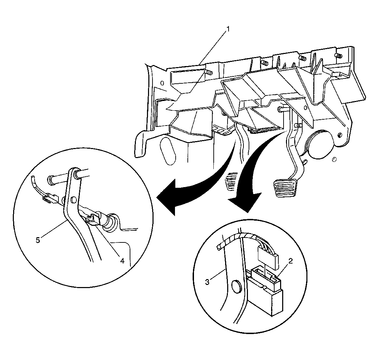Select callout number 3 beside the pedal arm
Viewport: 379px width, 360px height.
pyautogui.click(x=207, y=282)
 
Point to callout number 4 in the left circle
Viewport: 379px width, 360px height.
pyautogui.click(x=122, y=261)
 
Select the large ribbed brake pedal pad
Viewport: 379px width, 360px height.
pyautogui.click(x=284, y=187)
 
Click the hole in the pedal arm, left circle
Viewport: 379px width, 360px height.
pyautogui.click(x=73, y=200)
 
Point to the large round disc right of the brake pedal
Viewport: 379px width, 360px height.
pyautogui.click(x=319, y=145)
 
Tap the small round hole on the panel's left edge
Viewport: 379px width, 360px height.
pyautogui.click(x=162, y=83)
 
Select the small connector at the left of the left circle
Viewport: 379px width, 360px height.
pyautogui.click(x=50, y=197)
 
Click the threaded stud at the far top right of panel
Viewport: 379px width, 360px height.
pyautogui.click(x=339, y=56)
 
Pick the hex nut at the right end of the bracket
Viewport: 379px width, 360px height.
pyautogui.click(x=340, y=135)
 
